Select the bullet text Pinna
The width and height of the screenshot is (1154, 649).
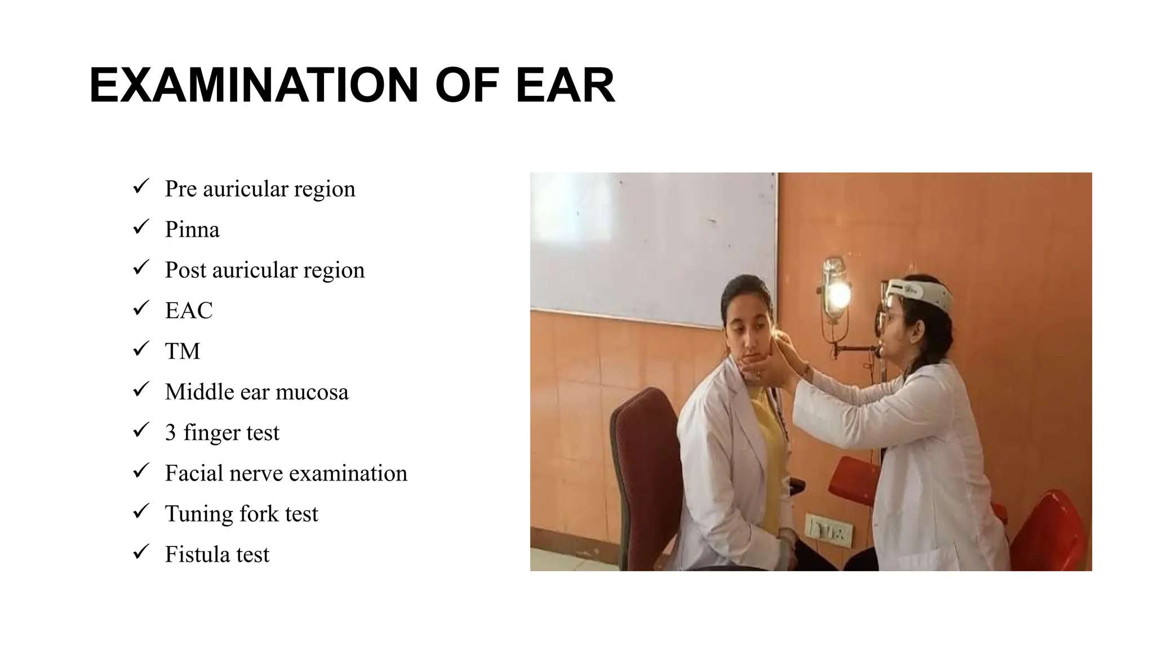point(192,230)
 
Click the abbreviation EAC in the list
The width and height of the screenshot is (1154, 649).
point(189,311)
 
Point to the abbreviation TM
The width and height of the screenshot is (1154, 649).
point(182,352)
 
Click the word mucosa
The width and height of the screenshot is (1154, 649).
point(313,392)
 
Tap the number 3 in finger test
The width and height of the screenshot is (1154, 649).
point(170,433)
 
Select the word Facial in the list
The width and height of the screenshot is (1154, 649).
point(193,473)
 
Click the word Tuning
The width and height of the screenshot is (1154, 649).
point(199,514)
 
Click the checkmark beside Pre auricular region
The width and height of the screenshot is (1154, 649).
point(141,186)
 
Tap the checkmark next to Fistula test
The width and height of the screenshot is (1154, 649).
point(141,552)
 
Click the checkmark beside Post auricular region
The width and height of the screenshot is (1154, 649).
point(141,268)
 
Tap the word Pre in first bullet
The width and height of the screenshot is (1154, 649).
point(180,189)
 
